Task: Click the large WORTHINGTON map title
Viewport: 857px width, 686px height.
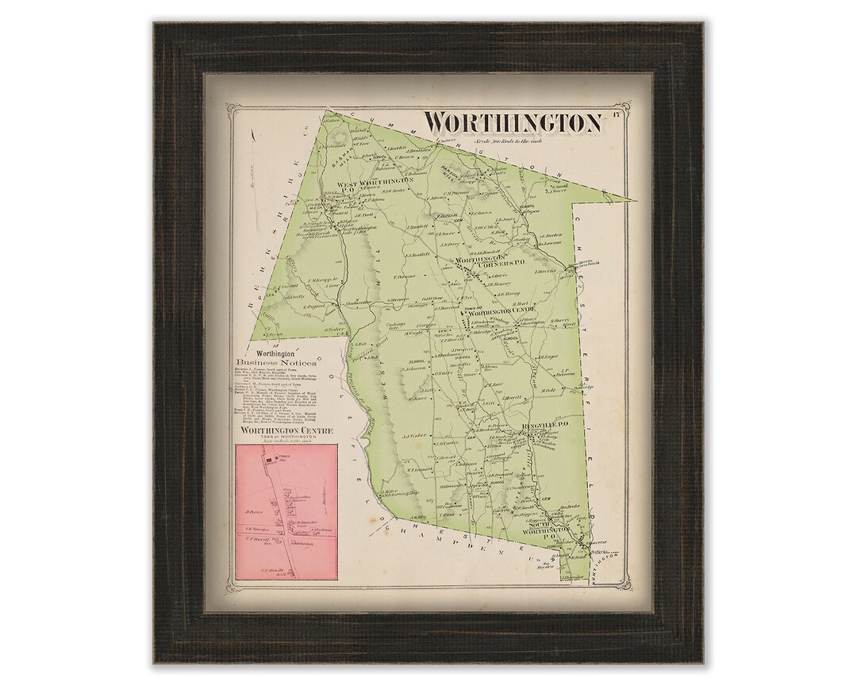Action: (x=511, y=123)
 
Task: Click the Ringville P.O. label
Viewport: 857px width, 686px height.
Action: (x=542, y=427)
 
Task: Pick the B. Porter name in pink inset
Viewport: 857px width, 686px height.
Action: (x=254, y=501)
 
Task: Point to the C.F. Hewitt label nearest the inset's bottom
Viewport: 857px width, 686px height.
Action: (x=272, y=570)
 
